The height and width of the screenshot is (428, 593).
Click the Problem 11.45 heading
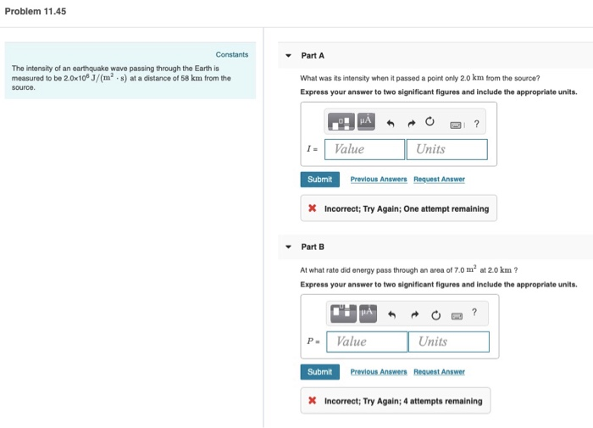click(36, 12)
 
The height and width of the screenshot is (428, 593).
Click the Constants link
click(232, 55)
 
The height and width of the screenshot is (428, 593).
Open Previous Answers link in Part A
click(379, 180)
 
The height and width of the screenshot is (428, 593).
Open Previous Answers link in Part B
click(379, 372)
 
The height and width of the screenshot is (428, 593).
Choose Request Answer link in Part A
click(440, 180)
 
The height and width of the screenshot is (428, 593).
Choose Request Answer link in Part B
click(440, 372)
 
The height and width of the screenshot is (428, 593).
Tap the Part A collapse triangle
click(289, 56)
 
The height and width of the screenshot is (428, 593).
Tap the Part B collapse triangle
click(289, 247)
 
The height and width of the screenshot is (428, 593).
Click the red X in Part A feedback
click(313, 208)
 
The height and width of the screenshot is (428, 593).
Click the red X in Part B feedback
click(313, 401)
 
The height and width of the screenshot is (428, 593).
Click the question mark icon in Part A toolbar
click(477, 124)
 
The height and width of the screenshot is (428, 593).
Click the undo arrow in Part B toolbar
click(391, 315)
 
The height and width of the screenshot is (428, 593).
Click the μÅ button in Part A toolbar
click(366, 123)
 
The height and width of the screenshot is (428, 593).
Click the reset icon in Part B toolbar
click(434, 315)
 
